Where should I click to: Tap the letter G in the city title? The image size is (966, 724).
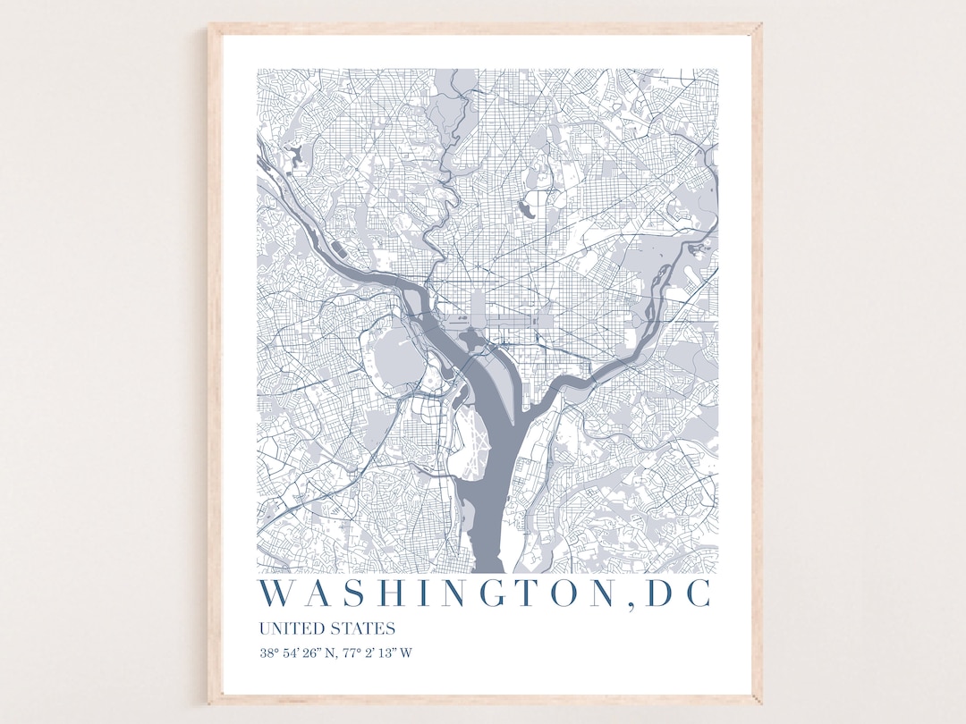tap(466, 594)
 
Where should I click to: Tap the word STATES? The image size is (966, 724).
tap(362, 628)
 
